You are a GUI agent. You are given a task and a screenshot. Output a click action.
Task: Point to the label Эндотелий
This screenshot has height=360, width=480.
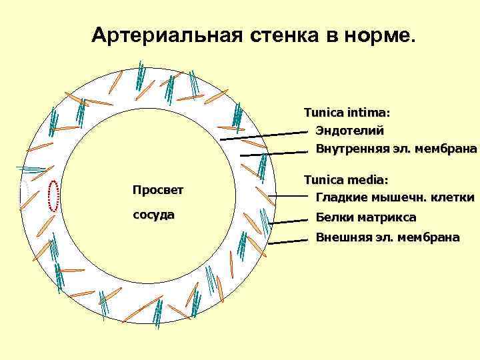point(349,130)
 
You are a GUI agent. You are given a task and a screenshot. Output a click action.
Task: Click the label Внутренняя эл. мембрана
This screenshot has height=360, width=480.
point(396,147)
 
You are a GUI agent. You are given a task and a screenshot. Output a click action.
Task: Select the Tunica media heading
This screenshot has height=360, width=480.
point(347,180)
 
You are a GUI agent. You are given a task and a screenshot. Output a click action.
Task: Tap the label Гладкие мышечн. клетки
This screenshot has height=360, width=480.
point(395,197)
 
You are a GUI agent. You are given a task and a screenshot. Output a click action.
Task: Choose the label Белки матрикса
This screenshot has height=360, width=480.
point(365,217)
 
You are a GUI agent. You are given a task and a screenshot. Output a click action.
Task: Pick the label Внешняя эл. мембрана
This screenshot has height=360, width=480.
point(387,237)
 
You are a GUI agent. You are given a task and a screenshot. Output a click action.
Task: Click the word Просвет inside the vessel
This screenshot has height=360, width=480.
point(157,190)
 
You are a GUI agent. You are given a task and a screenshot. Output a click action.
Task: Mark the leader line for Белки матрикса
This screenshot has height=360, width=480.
point(290,219)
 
